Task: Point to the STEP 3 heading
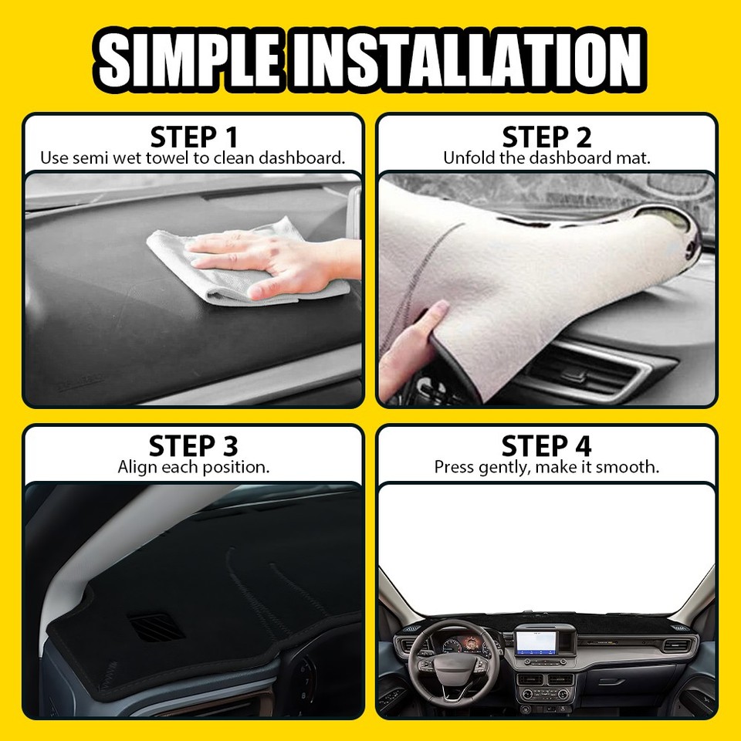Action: (x=194, y=446)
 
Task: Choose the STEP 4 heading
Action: (x=546, y=446)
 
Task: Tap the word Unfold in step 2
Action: (x=465, y=158)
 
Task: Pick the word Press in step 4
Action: (x=454, y=467)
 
